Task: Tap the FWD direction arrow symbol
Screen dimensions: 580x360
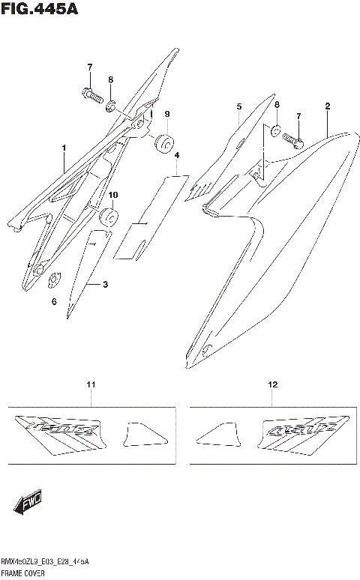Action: tap(27, 504)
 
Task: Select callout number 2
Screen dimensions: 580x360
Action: tap(327, 107)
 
